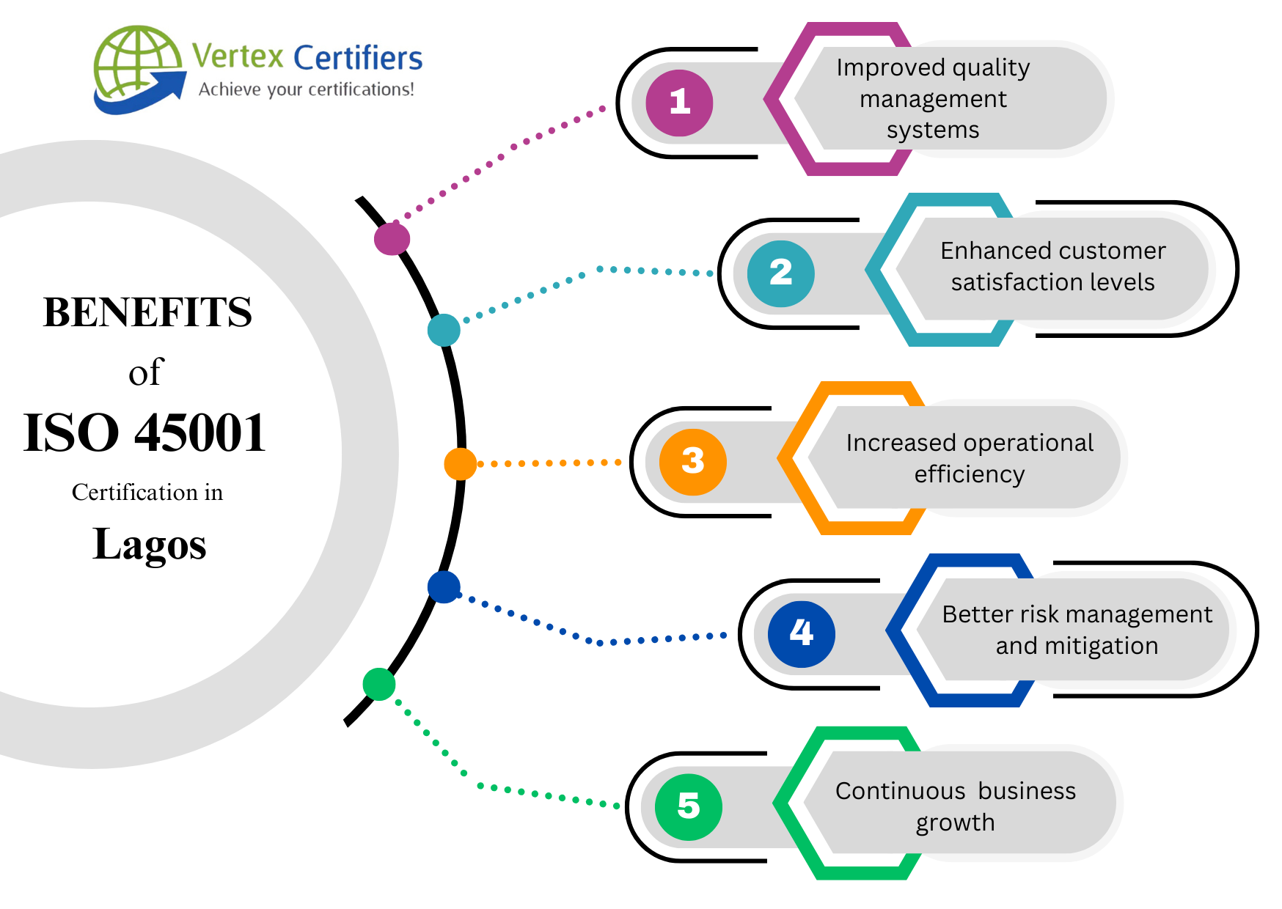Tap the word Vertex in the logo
[x=238, y=56]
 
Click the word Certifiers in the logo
[x=358, y=58]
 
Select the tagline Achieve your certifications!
[x=307, y=89]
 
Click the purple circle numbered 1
[x=679, y=103]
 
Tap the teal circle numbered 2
[x=780, y=273]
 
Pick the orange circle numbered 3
[x=692, y=462]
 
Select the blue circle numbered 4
[x=801, y=633]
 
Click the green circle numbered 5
[x=688, y=806]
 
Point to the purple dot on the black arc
[x=392, y=238]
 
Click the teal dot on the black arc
[x=444, y=330]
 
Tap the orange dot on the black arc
[x=461, y=464]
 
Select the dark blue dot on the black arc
[x=444, y=587]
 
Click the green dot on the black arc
[x=379, y=684]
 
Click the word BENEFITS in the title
[x=147, y=312]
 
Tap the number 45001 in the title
[x=200, y=433]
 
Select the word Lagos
[x=150, y=545]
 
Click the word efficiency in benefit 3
[x=969, y=475]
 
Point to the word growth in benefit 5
[x=955, y=822]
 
